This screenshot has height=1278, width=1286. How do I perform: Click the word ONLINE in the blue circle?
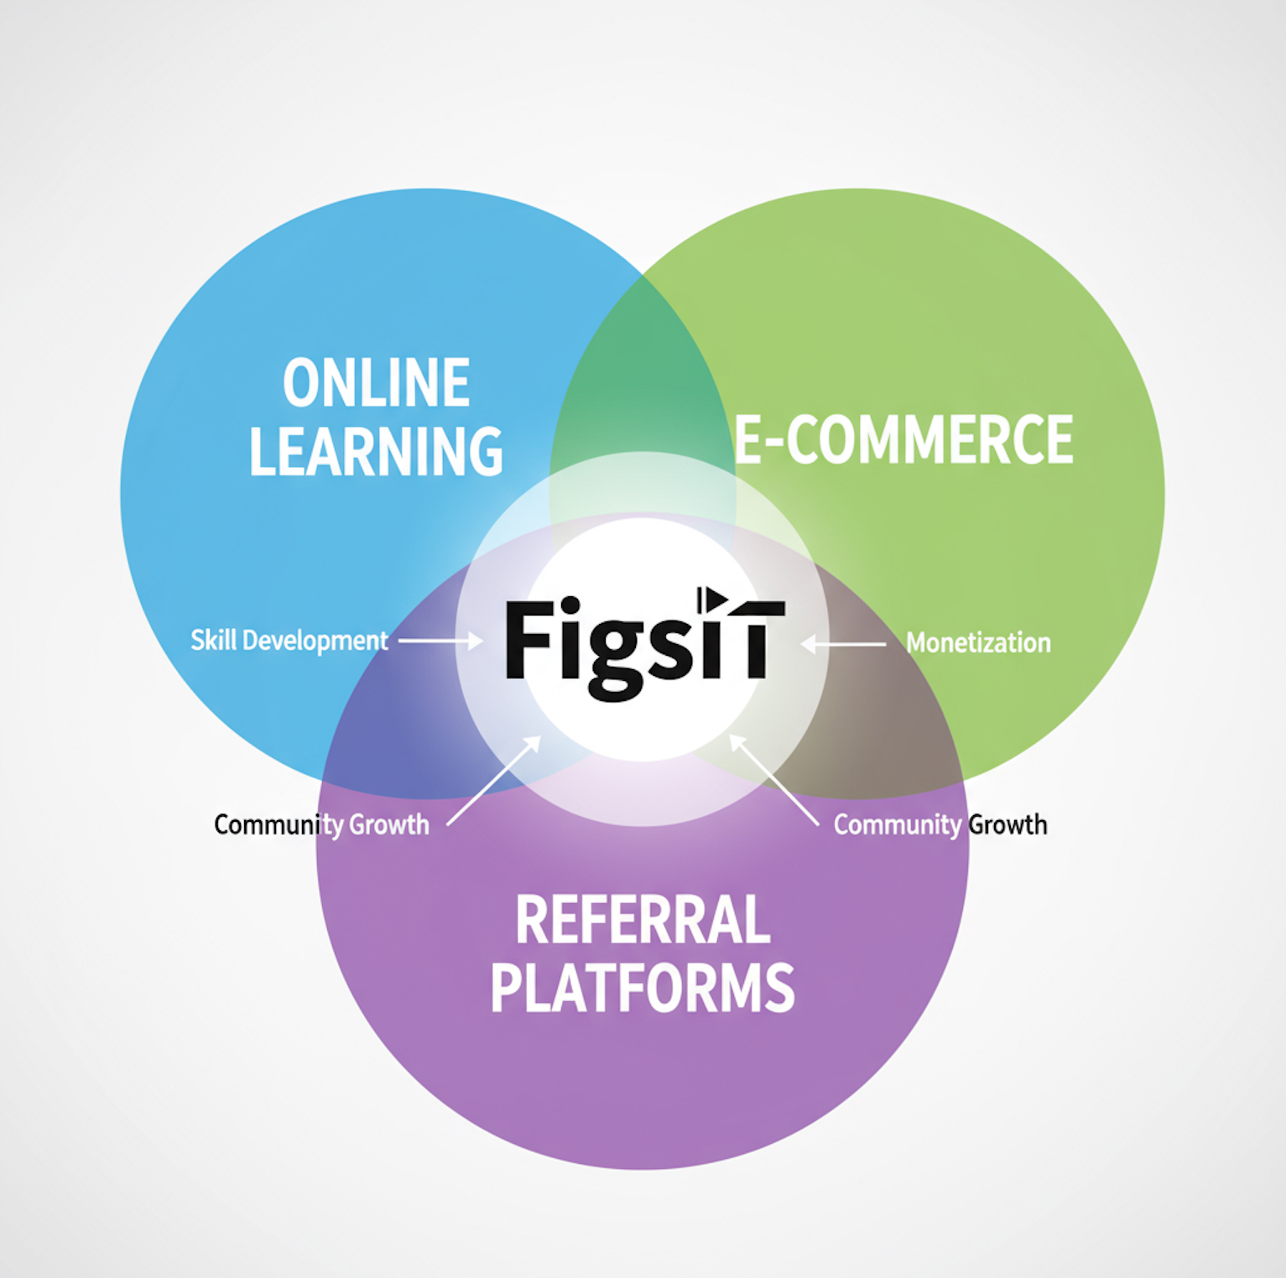pos(376,383)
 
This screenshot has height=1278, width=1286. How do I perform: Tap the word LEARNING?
pos(376,451)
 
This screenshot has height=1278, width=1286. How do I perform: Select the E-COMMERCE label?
pos(903,439)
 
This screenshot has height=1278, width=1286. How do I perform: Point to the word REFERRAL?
pos(643,920)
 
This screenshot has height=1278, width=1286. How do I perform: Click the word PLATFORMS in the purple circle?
pos(643,988)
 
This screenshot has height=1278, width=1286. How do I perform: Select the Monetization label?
pos(978,643)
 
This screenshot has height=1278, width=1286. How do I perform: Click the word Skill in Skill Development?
pos(213,641)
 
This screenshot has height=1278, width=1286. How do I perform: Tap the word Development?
pos(315,642)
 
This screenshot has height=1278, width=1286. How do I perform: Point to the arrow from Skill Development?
pos(440,642)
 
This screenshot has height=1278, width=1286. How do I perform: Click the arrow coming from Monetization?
pos(843,644)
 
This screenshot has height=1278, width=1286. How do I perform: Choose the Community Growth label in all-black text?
pos(321,825)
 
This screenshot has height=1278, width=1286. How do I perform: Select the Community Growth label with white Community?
pos(940,825)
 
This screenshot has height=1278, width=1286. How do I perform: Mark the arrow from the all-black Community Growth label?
pos(493,782)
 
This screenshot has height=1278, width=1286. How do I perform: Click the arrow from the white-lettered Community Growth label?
pos(774,781)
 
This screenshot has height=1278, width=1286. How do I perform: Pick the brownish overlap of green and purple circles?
pos(889,730)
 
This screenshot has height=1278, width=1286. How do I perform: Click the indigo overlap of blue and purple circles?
pos(394,730)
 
